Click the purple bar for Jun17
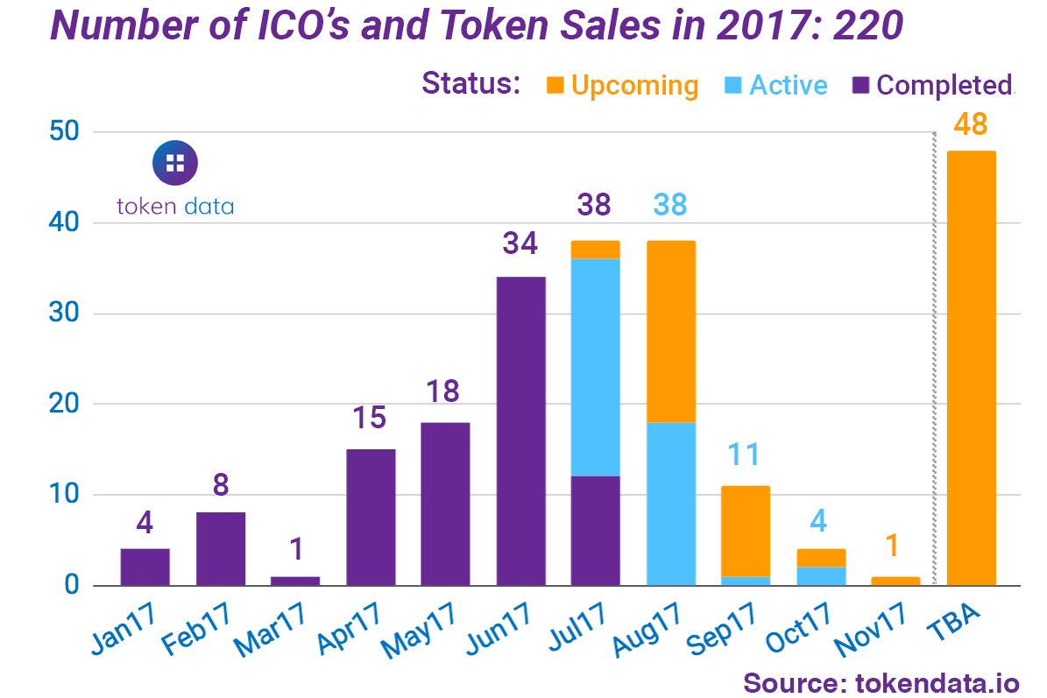pyautogui.click(x=520, y=431)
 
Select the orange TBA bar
pyautogui.click(x=971, y=368)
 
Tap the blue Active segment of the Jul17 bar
pyautogui.click(x=595, y=368)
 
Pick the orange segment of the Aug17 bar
pyautogui.click(x=670, y=332)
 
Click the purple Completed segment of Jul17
pyautogui.click(x=595, y=531)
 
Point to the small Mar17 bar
pyautogui.click(x=295, y=581)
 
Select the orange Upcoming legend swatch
pyautogui.click(x=555, y=85)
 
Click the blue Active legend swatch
pyautogui.click(x=733, y=85)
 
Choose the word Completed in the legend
pyautogui.click(x=944, y=85)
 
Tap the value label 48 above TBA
pyautogui.click(x=971, y=125)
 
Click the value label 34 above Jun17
pyautogui.click(x=520, y=243)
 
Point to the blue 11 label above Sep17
pyautogui.click(x=745, y=455)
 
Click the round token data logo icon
pyautogui.click(x=175, y=162)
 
